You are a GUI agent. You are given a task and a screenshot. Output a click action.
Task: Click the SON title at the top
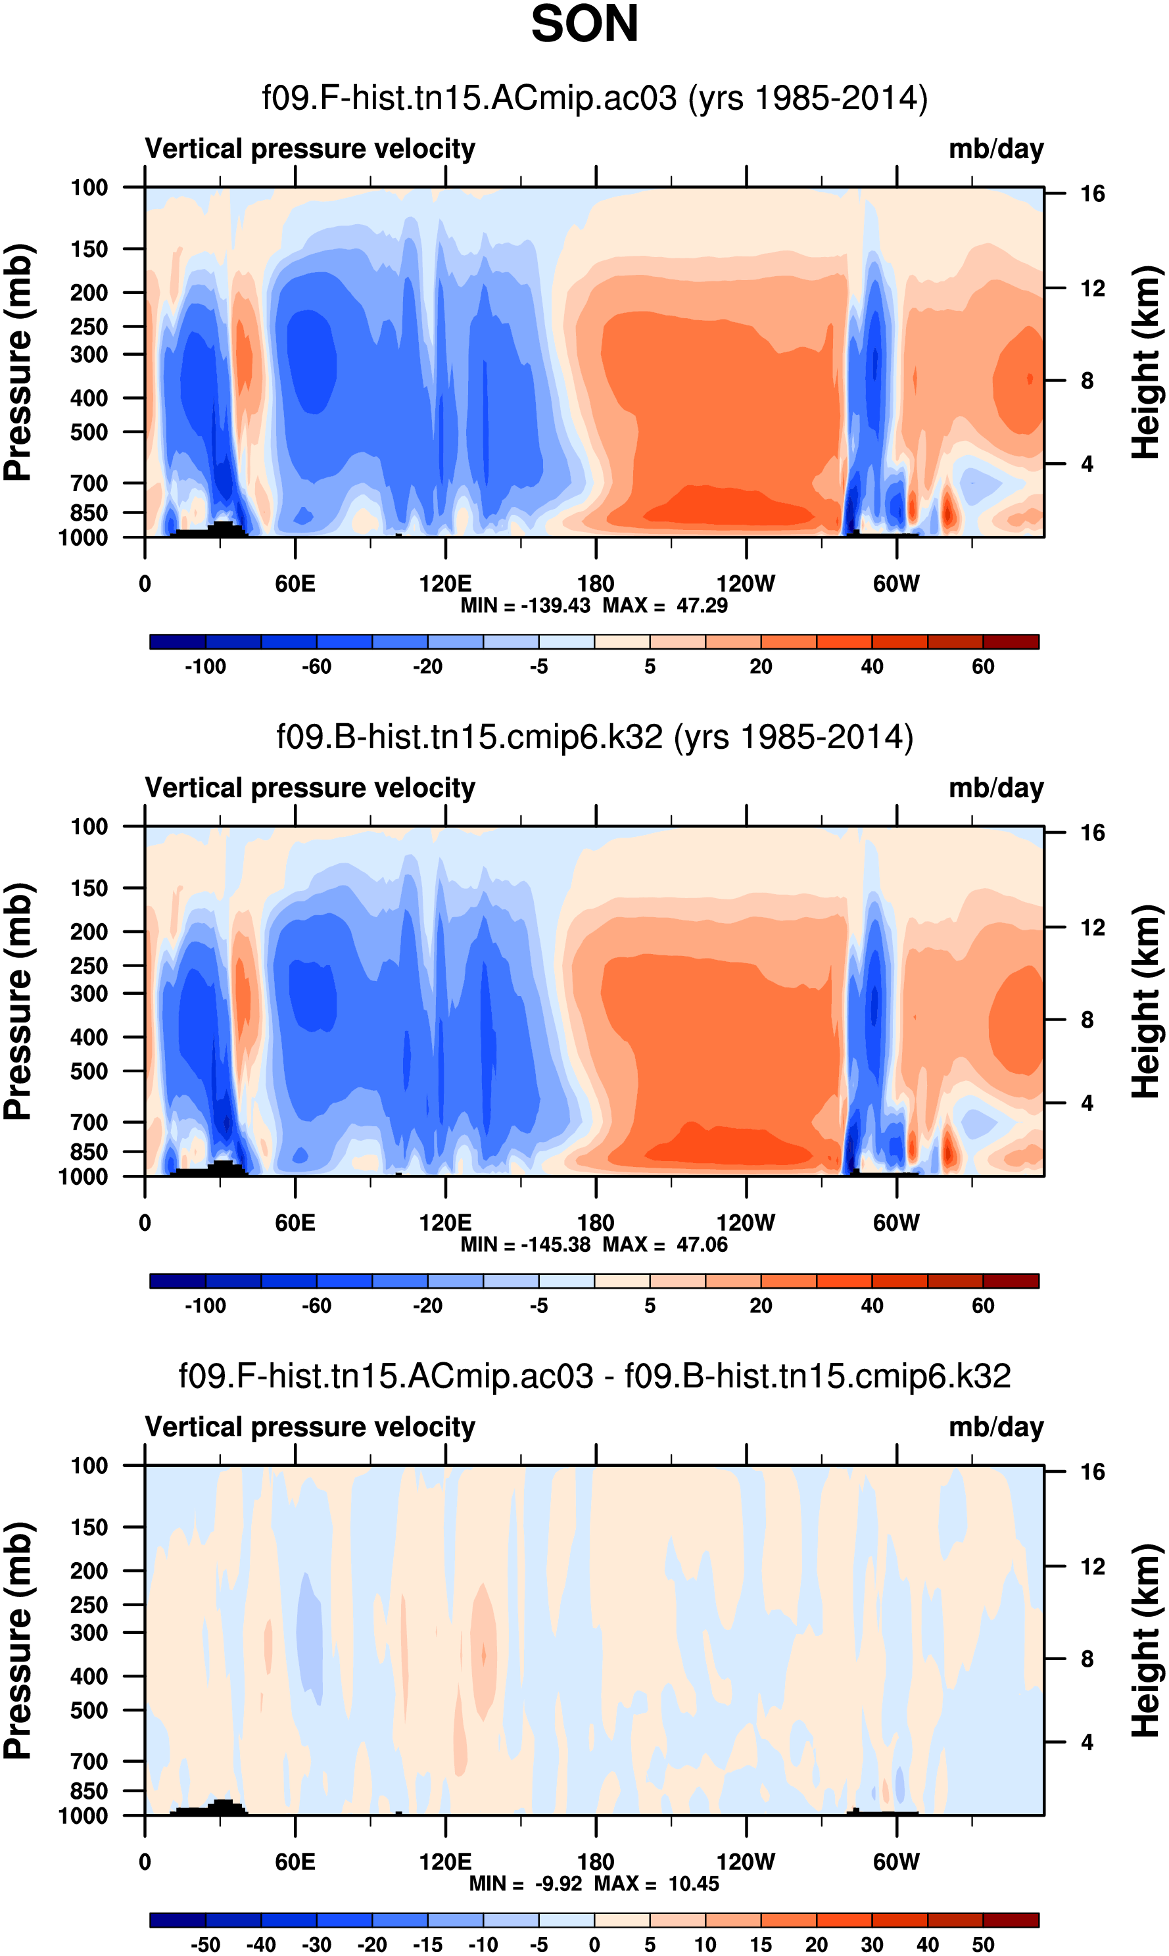pos(584,24)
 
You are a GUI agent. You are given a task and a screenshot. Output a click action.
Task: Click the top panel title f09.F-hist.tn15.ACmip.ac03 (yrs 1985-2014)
pos(595,99)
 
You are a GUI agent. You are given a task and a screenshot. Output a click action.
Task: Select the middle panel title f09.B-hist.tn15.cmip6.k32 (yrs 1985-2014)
pos(595,737)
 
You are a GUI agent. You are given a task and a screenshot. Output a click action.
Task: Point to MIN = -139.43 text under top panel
pos(525,606)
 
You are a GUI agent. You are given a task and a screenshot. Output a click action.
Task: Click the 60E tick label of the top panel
pos(295,584)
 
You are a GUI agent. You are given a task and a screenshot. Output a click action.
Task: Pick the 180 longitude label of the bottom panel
pos(596,1861)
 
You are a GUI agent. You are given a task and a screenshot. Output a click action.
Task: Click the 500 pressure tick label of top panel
pos(89,433)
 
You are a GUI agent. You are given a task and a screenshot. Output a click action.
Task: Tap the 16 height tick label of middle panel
pos(1092,832)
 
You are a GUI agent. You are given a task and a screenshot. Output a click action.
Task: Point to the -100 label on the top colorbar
pos(206,667)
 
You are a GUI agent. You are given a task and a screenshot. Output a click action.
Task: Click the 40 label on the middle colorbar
pos(872,1305)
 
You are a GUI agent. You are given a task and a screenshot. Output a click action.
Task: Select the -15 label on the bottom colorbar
pos(428,1944)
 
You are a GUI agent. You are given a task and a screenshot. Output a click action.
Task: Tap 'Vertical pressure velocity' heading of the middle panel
pos(310,788)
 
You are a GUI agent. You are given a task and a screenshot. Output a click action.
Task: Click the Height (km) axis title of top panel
pos(1146,362)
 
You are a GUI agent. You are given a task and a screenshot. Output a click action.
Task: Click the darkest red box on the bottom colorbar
pos(1011,1920)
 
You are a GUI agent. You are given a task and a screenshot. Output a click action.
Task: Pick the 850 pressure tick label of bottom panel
pos(89,1790)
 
